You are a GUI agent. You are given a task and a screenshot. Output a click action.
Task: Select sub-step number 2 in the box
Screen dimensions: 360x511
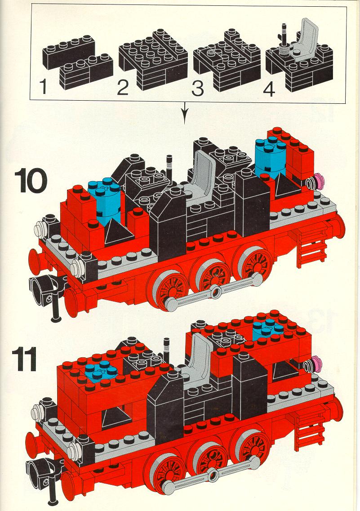123,88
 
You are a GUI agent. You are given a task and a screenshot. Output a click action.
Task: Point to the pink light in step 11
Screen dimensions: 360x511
315,364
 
